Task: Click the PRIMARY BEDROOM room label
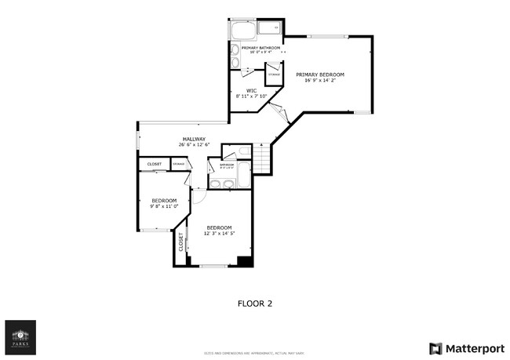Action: [319, 75]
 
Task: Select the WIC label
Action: [251, 90]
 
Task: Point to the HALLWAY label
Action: [194, 139]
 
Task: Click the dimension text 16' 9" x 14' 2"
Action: [319, 80]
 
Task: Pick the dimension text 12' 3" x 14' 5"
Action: [220, 233]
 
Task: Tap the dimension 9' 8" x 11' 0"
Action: [164, 206]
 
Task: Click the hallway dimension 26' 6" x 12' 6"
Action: [194, 145]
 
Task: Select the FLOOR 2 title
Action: [255, 302]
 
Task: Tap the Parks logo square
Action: [20, 336]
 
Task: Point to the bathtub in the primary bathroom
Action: [242, 31]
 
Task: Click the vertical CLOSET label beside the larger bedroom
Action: [180, 242]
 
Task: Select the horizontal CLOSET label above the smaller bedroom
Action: [154, 164]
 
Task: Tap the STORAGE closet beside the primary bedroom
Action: [274, 75]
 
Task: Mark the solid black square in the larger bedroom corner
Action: [245, 261]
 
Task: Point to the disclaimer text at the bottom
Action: [255, 354]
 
